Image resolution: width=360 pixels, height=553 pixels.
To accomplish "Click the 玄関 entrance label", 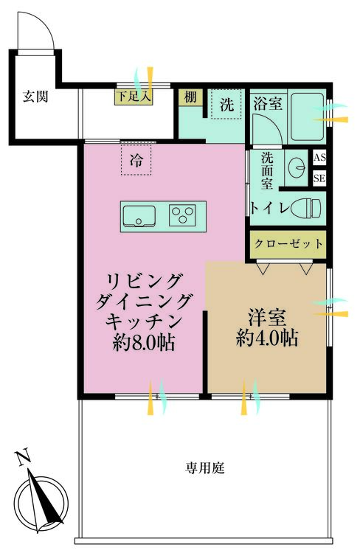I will (x=35, y=96).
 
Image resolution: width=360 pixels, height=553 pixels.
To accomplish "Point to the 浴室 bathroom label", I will (x=267, y=103).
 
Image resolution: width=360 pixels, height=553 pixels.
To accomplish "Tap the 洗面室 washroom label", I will (x=266, y=170).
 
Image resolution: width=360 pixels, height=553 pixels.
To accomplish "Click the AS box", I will (x=319, y=158).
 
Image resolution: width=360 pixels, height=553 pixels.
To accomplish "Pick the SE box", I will (x=319, y=178).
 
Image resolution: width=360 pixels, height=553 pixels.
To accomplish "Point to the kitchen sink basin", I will (x=138, y=215).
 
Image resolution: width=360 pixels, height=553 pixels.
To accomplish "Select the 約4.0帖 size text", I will (x=267, y=338).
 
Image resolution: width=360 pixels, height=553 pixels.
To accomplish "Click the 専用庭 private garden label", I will (x=201, y=467).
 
